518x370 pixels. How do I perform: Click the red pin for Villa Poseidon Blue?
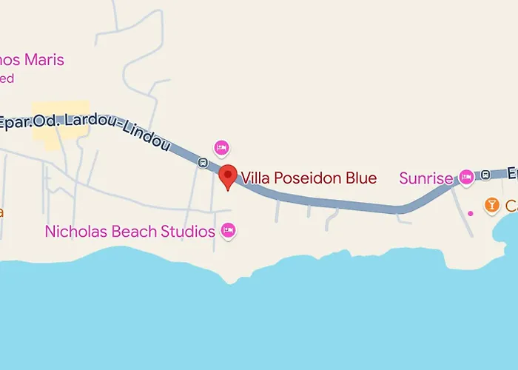tap(228, 176)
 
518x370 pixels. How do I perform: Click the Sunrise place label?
tap(425, 178)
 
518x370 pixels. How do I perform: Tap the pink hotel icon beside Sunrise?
tap(466, 177)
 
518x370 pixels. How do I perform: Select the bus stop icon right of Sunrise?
tap(485, 175)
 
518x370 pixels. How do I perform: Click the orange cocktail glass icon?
tap(491, 204)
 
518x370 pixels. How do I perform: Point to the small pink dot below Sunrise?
tap(471, 214)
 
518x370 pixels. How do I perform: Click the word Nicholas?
tap(75, 232)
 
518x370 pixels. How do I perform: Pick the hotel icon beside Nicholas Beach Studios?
tap(229, 232)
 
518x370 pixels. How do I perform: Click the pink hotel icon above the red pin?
tap(221, 148)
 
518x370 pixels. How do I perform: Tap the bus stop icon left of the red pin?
tap(202, 163)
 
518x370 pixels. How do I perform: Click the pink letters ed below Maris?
tap(7, 78)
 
